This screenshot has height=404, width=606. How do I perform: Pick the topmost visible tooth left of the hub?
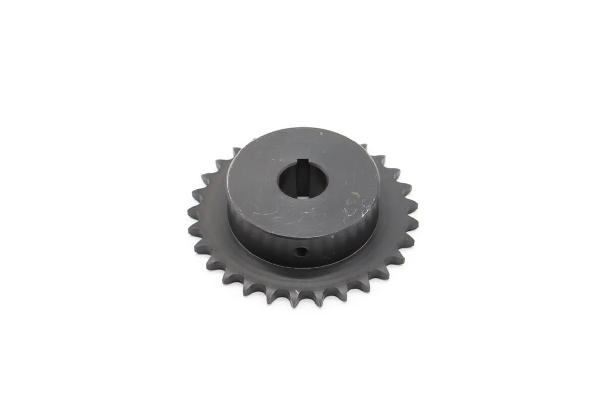coord(236,151)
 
